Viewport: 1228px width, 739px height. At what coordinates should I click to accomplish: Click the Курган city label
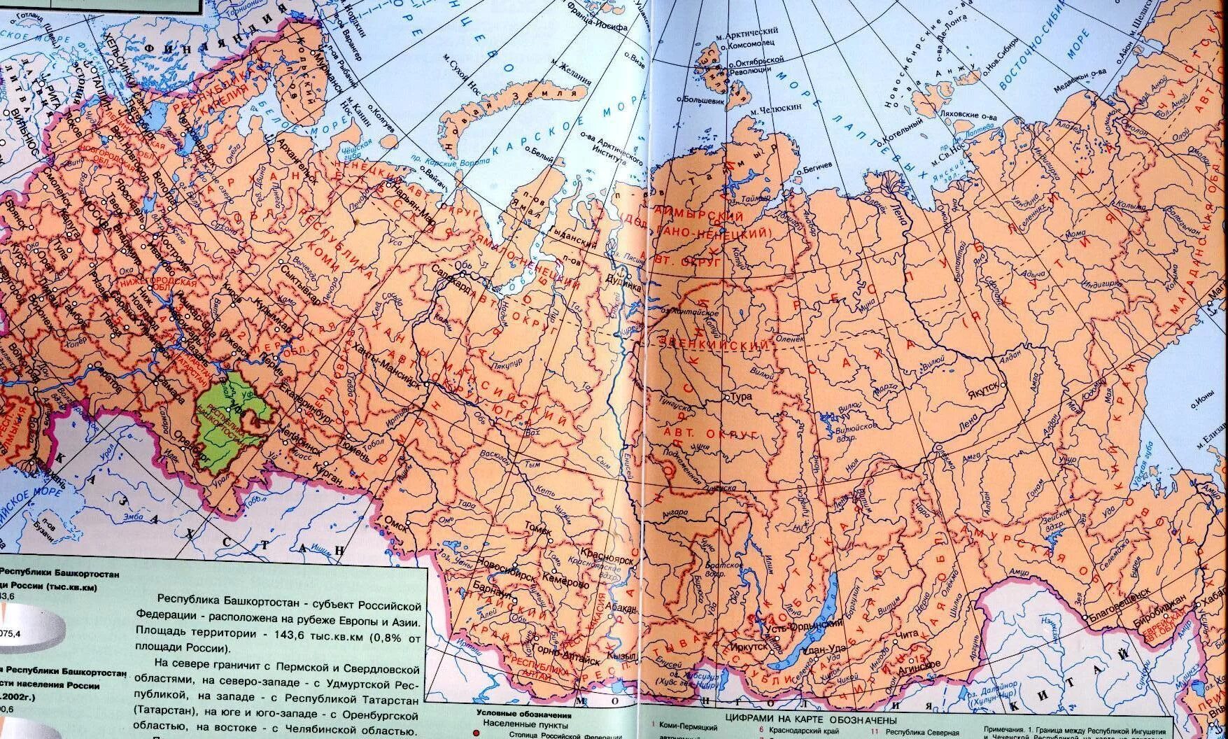[x=324, y=477]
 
